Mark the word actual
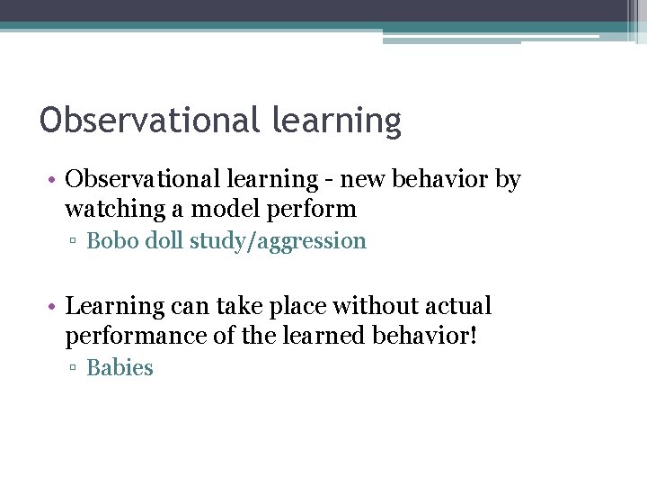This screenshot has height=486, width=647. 457,306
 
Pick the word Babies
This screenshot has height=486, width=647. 120,368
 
